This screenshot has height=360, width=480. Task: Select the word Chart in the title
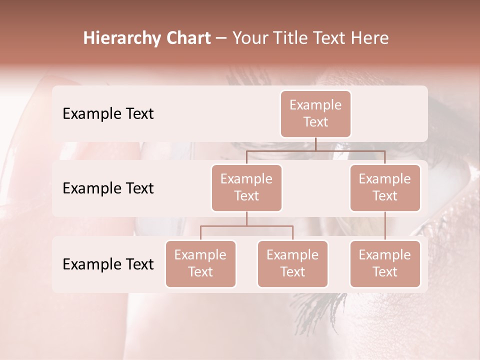coord(188,38)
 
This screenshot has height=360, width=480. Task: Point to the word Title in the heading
coord(295,38)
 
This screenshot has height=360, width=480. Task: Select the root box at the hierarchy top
coord(315,113)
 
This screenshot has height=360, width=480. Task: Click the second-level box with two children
coord(246,187)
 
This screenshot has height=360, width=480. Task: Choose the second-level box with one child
coord(385,187)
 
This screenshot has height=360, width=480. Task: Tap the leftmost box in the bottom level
coord(200,263)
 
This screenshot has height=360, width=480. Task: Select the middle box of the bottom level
coord(292,263)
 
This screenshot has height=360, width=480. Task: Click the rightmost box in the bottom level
coord(385,263)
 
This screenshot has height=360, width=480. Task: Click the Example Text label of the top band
coord(108,113)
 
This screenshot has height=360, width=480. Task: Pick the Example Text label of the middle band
coord(108,188)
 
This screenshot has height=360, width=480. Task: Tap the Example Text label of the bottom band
coord(108,264)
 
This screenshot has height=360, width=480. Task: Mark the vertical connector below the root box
coord(315,144)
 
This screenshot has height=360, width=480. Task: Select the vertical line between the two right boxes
coord(385,226)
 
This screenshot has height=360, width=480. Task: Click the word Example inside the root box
coord(315,105)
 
